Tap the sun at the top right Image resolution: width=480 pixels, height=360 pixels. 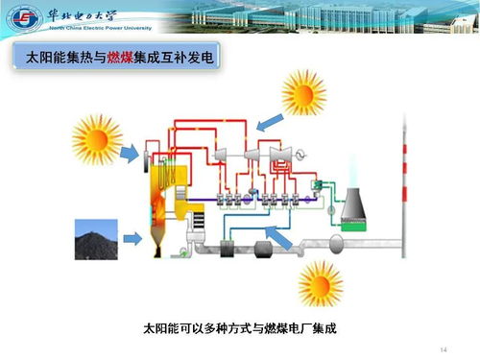tap(305, 95)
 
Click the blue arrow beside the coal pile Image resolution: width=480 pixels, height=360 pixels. tap(137, 235)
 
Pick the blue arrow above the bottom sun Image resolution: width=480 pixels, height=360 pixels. tap(279, 236)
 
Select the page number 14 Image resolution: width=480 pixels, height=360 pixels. tap(444, 347)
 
